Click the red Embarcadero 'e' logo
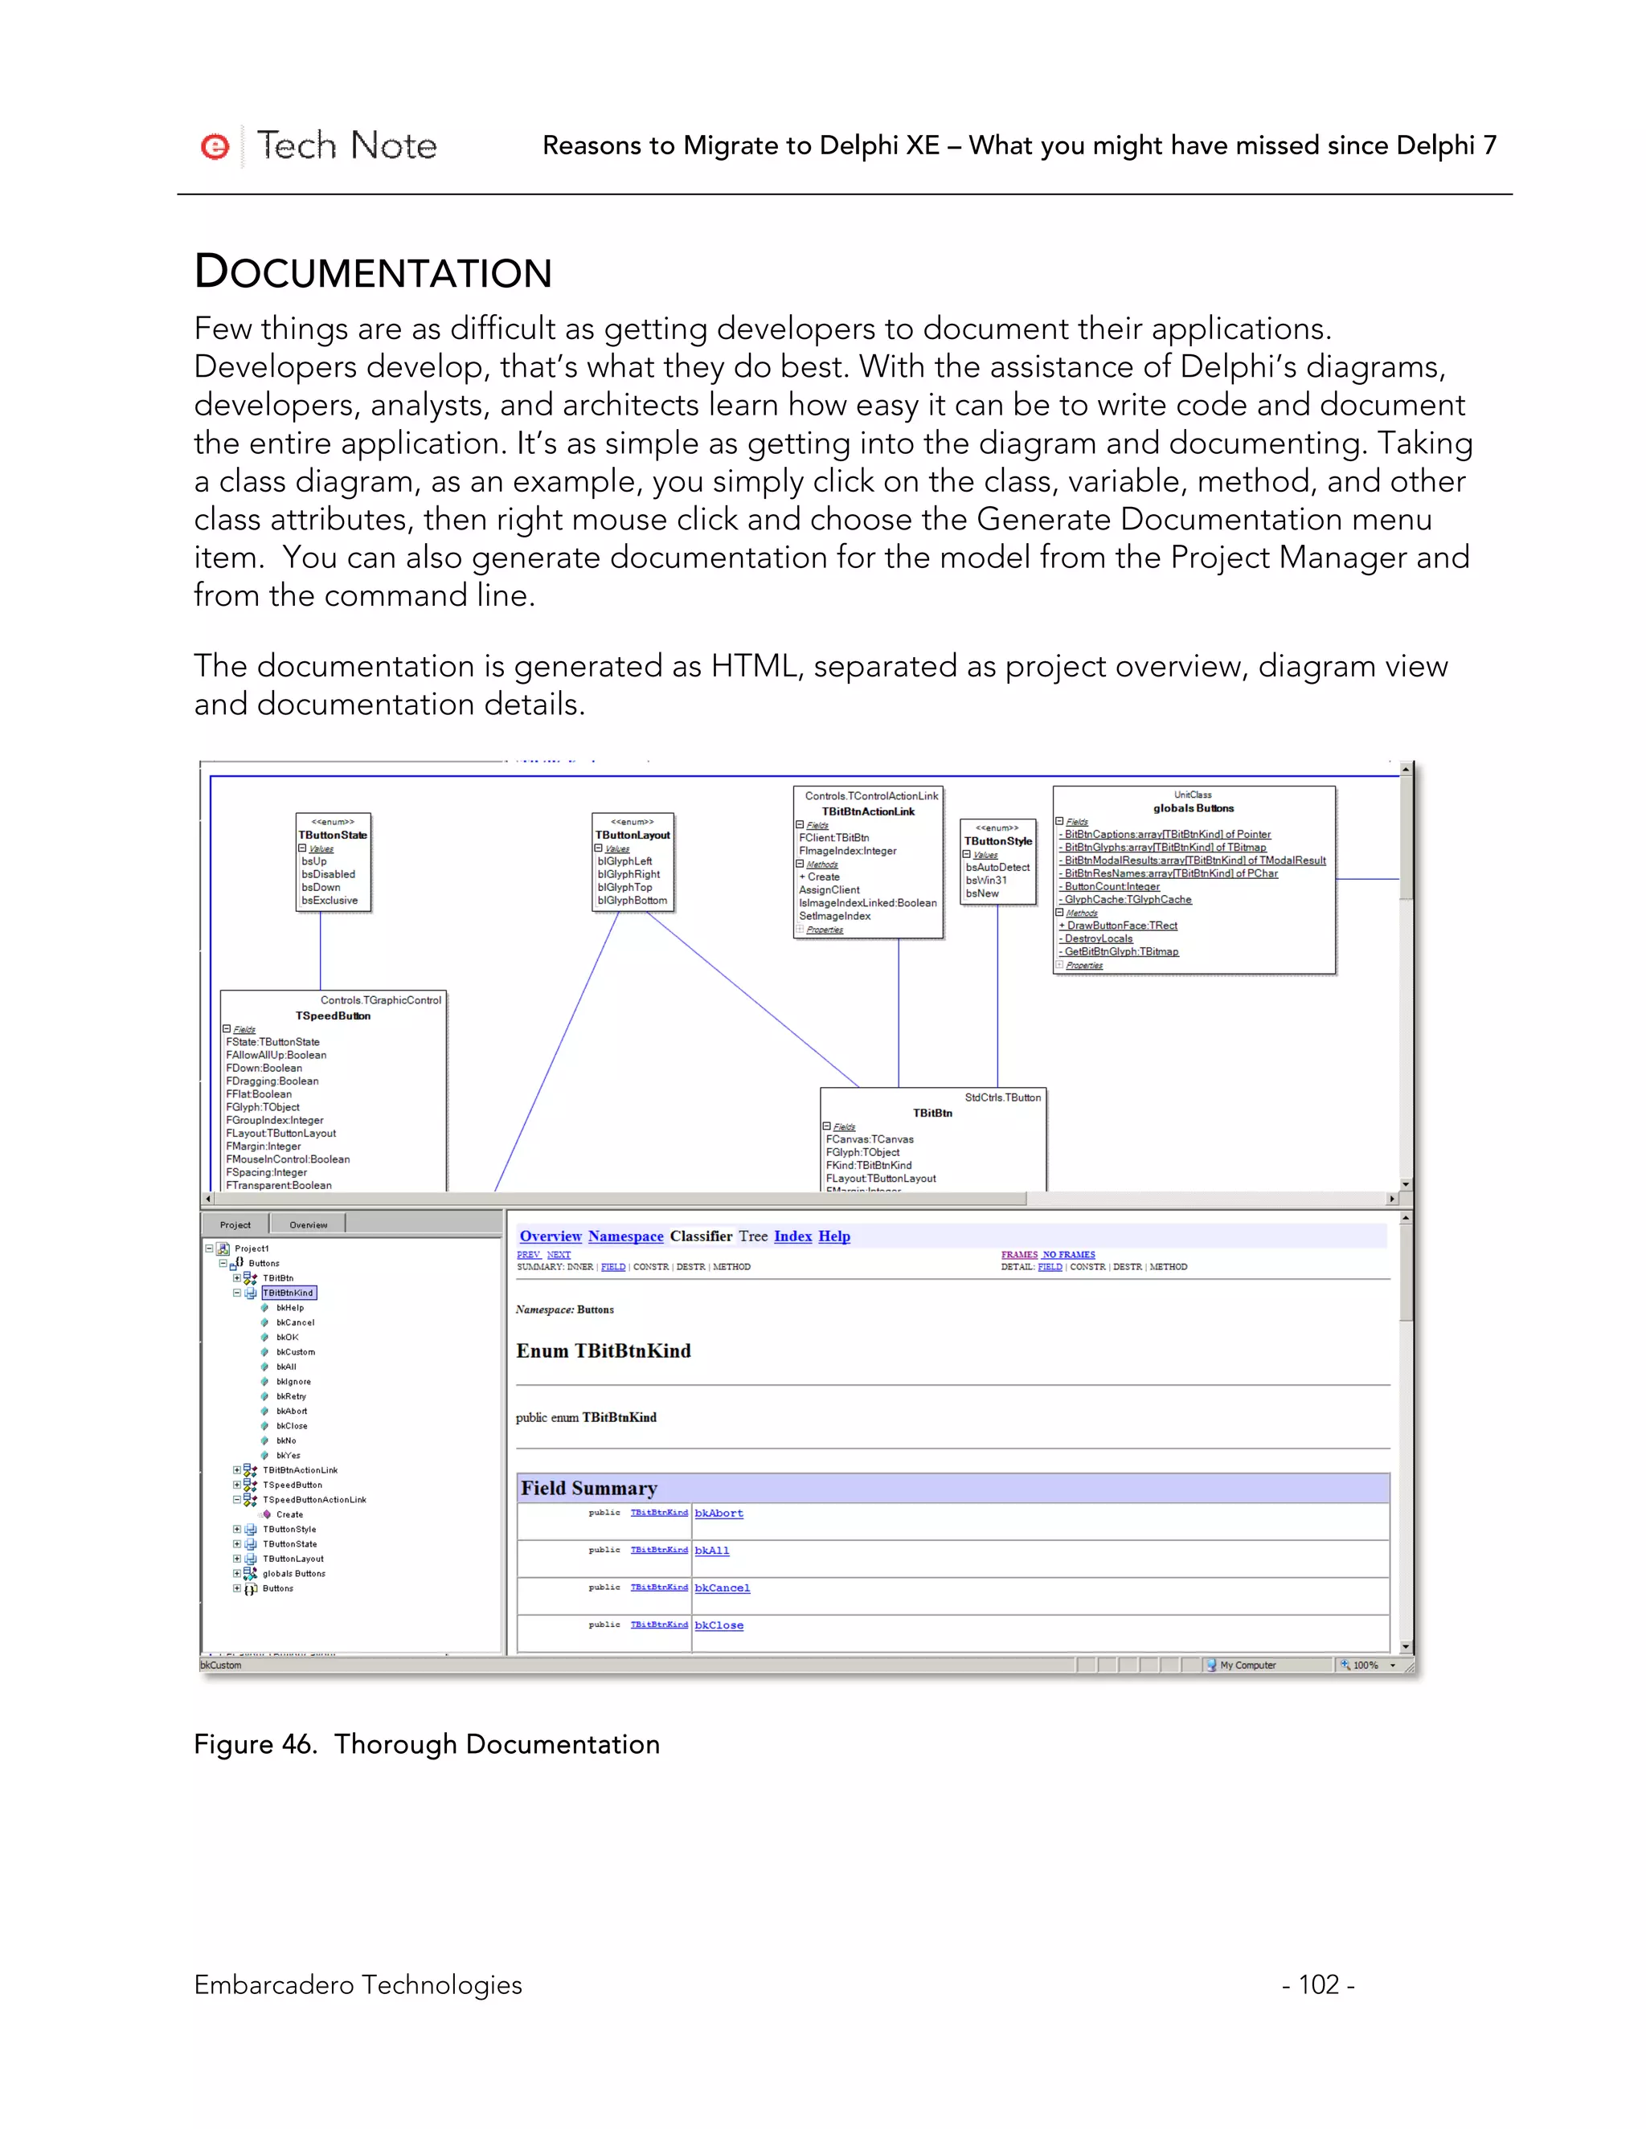(x=215, y=146)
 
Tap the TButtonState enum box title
(x=333, y=836)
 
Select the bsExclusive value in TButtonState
(x=330, y=901)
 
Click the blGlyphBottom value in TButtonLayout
(x=632, y=901)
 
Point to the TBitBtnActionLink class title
(x=868, y=812)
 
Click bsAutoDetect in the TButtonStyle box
(x=997, y=868)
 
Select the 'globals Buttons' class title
(x=1193, y=808)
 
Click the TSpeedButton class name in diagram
(x=333, y=1015)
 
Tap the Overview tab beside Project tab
(x=308, y=1225)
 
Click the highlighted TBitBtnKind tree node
(x=289, y=1293)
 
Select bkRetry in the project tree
(x=291, y=1397)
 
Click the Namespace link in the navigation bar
(x=625, y=1236)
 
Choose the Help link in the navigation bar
(x=833, y=1236)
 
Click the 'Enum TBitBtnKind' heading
(x=603, y=1351)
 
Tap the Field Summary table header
(x=589, y=1489)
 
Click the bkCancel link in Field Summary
(x=722, y=1589)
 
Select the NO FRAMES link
(x=1069, y=1255)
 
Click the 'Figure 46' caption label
(x=256, y=1744)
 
